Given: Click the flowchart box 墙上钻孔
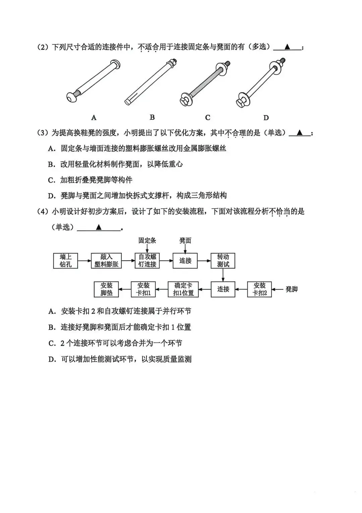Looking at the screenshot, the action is (65, 261).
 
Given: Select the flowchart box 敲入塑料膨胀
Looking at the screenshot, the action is (106, 261).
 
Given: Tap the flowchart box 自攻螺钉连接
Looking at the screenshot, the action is (147, 261).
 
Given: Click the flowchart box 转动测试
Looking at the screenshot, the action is (223, 261).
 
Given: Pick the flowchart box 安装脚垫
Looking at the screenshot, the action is (106, 289).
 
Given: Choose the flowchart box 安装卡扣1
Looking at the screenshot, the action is (143, 289).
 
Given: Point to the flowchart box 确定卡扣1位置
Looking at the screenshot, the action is (183, 289).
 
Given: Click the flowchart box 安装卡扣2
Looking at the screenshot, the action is (259, 289).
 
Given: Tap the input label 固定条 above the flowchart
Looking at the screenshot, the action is (147, 240).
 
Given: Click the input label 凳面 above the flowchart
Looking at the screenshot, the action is (185, 240).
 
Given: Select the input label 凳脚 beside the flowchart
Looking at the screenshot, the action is (291, 289).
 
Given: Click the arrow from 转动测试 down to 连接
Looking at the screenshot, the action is (223, 275).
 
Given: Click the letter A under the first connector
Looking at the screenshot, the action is (94, 118).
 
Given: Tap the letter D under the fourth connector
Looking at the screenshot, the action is (266, 118).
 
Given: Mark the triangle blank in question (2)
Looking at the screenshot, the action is (287, 47).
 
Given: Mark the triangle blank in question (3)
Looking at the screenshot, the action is (300, 133).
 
